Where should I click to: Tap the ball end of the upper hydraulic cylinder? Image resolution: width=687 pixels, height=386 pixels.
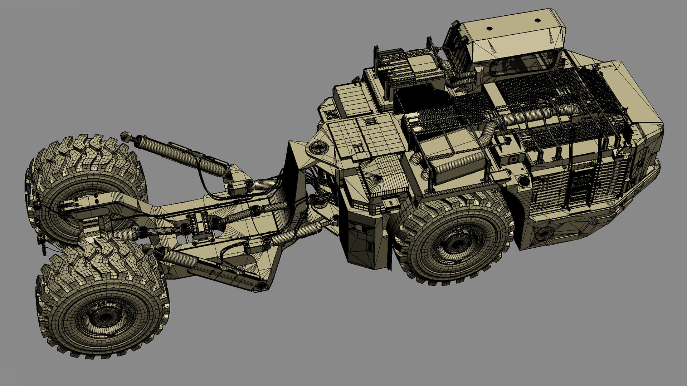tap(125, 135)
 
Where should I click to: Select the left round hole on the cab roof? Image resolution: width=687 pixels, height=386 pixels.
tap(490, 28)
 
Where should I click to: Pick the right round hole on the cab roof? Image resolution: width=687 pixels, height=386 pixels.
tap(537, 20)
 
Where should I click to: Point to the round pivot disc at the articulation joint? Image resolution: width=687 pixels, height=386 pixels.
tap(317, 147)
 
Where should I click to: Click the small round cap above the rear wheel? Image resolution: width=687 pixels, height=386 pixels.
tap(524, 180)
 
